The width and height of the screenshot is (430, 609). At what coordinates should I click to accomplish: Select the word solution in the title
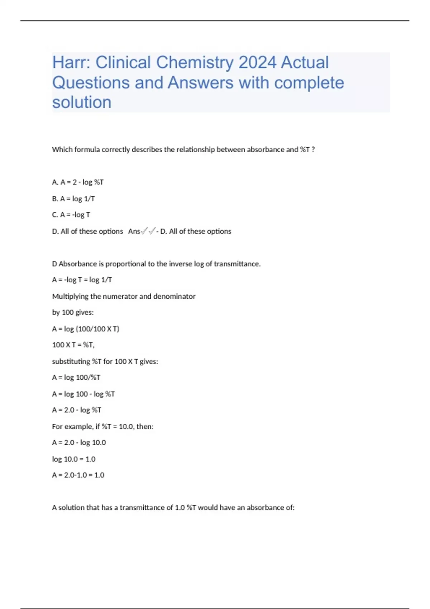click(x=82, y=102)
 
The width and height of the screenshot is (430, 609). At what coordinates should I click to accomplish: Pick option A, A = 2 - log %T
click(x=78, y=182)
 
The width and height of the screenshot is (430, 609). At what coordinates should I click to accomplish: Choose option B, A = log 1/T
click(x=73, y=199)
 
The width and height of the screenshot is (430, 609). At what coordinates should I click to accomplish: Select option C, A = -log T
click(x=71, y=215)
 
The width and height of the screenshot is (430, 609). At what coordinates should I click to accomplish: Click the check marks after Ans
click(x=148, y=231)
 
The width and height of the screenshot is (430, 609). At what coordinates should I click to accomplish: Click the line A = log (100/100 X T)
click(x=86, y=329)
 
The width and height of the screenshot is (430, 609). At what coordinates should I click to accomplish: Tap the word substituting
click(x=71, y=361)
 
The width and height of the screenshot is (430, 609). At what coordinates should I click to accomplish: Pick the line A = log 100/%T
click(x=76, y=378)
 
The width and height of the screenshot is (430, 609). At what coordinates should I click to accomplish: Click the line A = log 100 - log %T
click(x=83, y=394)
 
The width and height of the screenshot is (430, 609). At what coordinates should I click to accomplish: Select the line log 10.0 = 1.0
click(x=74, y=459)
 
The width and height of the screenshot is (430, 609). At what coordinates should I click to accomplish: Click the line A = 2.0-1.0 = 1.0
click(x=78, y=475)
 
